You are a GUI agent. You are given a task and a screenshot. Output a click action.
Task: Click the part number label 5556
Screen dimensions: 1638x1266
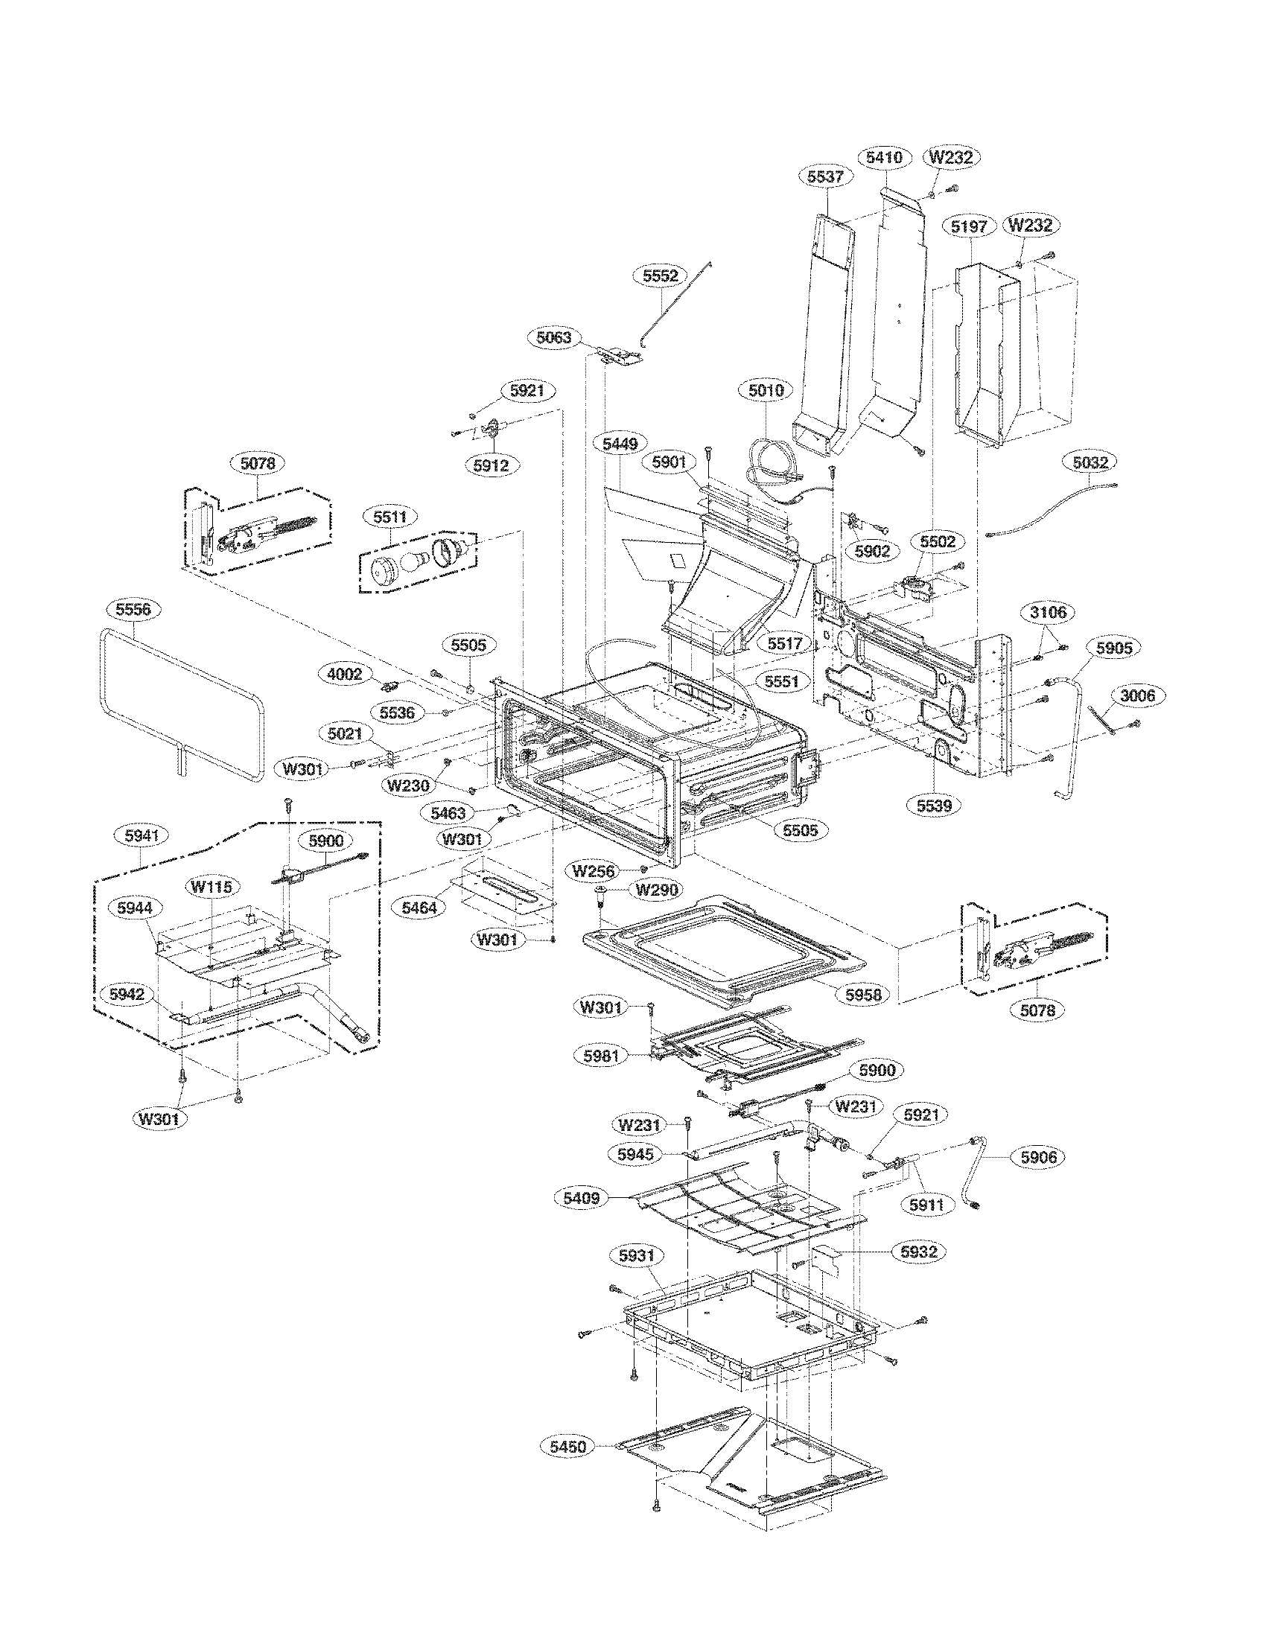pos(133,609)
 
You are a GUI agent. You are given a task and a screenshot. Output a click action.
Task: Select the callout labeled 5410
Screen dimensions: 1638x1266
pos(884,158)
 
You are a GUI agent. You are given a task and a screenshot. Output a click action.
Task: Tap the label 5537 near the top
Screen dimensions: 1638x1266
pos(826,177)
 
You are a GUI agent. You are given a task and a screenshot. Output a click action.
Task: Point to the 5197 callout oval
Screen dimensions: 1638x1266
pos(973,226)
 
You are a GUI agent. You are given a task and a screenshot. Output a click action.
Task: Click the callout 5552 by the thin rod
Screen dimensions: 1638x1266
pos(661,275)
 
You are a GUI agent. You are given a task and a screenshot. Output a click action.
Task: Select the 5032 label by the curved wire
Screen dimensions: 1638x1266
pos(1090,464)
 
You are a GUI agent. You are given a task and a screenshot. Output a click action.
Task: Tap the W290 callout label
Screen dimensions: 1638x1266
pos(657,890)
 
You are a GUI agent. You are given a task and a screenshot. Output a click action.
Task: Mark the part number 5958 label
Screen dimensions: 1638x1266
pos(862,995)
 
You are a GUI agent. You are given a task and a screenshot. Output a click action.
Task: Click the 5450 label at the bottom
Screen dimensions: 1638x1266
pos(567,1447)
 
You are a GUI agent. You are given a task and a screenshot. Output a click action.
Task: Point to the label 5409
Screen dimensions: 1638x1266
pos(582,1198)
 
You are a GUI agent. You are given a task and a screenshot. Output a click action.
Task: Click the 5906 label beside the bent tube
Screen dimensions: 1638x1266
pos(1038,1157)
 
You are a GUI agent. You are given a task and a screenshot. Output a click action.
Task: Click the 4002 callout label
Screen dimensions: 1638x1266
pos(345,675)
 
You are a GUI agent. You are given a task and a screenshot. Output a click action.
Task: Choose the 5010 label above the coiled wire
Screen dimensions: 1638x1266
pos(765,390)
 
